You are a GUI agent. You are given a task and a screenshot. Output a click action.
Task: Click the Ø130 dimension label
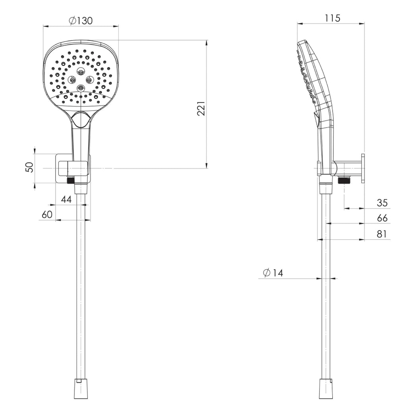[80, 21]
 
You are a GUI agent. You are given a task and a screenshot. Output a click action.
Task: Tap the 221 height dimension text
[202, 108]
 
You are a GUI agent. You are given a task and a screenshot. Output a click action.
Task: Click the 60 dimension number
[47, 215]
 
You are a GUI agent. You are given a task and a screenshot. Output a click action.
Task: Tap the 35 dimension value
[382, 203]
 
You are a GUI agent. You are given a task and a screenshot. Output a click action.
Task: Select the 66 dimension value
[382, 218]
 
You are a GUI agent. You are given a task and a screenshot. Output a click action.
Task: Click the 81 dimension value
[382, 234]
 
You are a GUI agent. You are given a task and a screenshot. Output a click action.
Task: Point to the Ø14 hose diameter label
[273, 273]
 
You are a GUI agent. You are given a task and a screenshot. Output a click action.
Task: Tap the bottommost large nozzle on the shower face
[81, 87]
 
